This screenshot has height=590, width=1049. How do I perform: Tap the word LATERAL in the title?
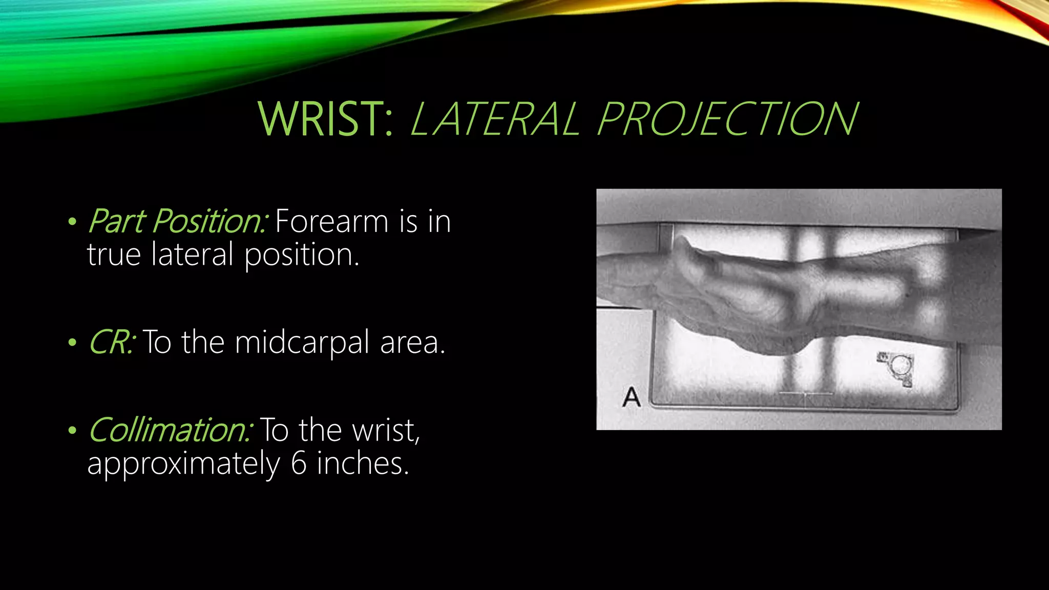(495, 119)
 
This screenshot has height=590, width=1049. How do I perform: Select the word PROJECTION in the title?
(727, 119)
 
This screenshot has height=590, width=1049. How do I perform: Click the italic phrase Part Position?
(177, 222)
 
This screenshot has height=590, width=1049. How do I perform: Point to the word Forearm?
(331, 222)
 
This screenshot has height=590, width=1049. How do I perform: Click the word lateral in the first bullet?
(193, 255)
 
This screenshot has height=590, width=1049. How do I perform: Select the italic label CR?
(111, 342)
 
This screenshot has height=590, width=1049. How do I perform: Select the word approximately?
(183, 464)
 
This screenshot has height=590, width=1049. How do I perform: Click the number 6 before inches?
(299, 463)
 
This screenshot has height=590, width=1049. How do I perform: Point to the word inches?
(363, 463)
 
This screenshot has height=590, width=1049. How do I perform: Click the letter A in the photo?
(632, 397)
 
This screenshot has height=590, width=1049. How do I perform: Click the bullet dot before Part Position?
(72, 222)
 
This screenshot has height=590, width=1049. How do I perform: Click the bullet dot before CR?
(72, 343)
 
